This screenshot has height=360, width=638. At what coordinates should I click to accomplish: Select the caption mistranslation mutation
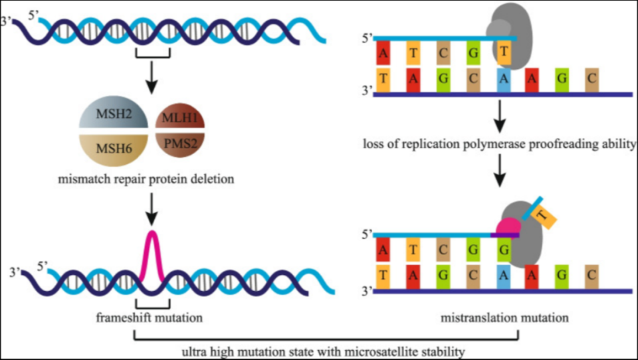pyautogui.click(x=505, y=317)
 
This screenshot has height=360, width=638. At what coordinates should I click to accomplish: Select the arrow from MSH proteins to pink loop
pyautogui.click(x=152, y=207)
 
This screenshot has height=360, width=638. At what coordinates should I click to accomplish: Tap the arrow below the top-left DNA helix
pyautogui.click(x=152, y=78)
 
